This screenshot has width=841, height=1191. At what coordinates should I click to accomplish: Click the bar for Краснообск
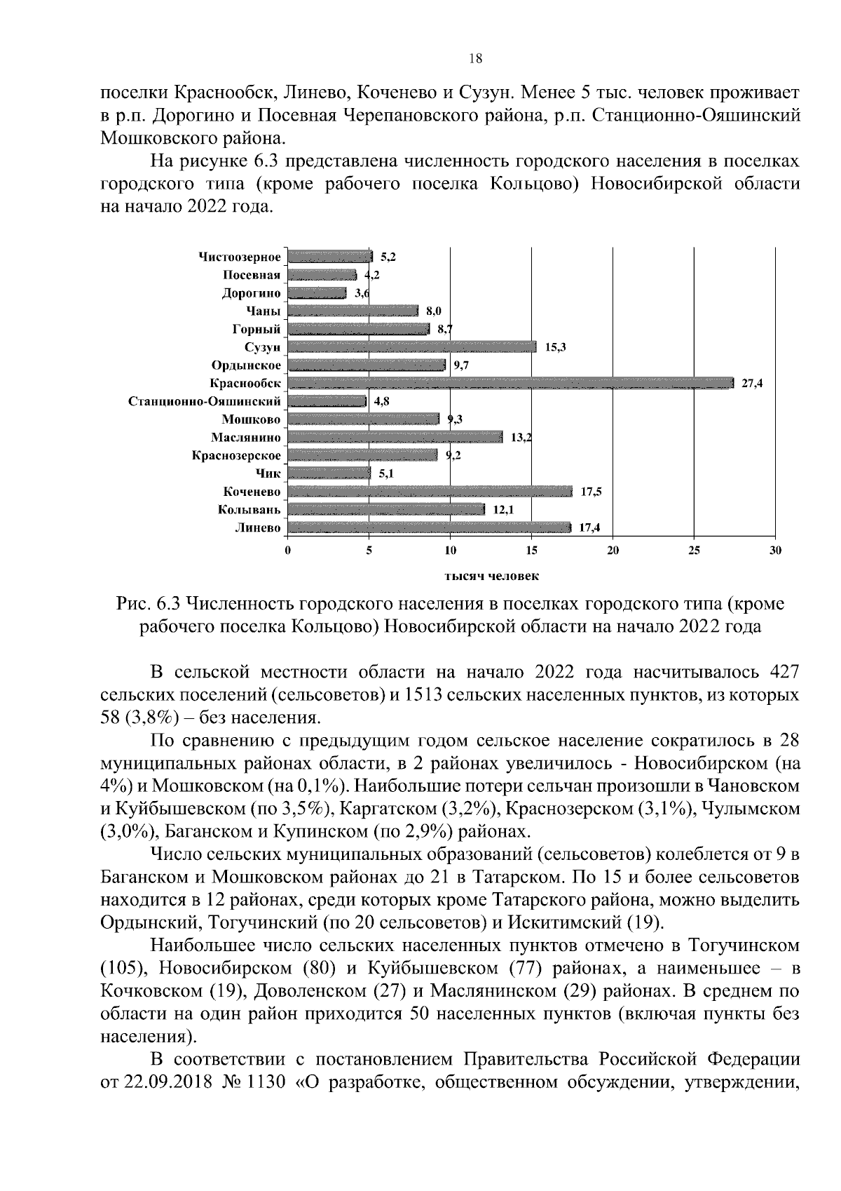510,383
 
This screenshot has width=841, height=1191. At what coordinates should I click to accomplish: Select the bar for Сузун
412,346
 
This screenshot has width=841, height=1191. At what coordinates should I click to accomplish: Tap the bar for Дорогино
317,292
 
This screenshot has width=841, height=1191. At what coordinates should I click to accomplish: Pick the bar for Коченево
430,492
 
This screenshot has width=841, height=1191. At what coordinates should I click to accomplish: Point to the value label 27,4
752,383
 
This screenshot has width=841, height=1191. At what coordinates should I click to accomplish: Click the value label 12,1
503,510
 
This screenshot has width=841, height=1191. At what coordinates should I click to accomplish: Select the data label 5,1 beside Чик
386,473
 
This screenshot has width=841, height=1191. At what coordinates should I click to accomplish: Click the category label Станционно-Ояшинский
205,401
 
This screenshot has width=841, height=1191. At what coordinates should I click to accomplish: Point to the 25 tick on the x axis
694,551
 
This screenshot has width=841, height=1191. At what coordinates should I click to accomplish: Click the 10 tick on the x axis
450,551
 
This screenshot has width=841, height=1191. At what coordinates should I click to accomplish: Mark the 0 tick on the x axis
288,551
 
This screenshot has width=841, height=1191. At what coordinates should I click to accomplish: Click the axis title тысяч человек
491,576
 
